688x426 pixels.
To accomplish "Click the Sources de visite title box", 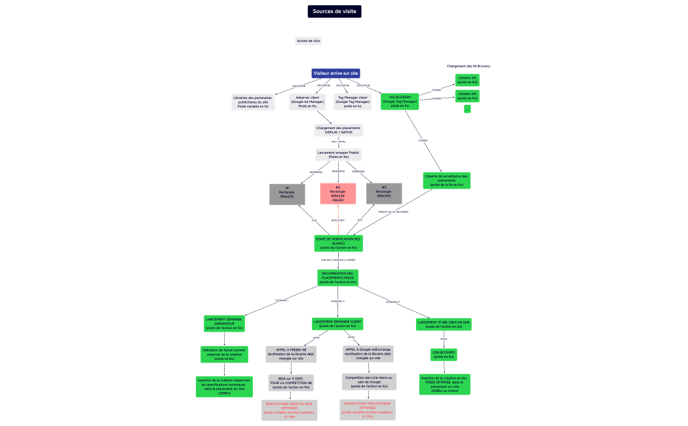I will tap(334, 11).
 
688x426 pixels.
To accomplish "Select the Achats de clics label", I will tap(309, 41).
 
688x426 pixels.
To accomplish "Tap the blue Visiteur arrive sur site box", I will tap(335, 73).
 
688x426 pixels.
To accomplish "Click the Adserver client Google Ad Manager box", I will tap(307, 102).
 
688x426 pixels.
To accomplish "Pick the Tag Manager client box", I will tap(353, 102).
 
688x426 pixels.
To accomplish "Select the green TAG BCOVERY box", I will tap(400, 101).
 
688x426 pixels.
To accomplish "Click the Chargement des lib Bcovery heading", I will tap(468, 66).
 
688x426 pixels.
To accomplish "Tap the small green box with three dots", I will tap(467, 109).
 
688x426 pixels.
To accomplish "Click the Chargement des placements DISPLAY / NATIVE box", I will tap(338, 130).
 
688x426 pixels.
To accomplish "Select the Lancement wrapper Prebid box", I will tap(338, 155).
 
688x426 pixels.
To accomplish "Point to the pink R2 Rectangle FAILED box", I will tap(338, 193).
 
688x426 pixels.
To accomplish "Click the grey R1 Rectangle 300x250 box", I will tap(287, 194).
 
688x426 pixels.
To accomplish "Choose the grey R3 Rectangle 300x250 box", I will tap(384, 193).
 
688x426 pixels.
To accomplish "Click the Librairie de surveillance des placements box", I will tap(447, 180).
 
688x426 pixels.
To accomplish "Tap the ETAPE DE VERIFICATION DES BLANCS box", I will tap(338, 243).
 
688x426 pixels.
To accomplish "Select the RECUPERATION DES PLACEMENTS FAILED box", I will tap(338, 277).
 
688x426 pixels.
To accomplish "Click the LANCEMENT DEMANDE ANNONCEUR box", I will tap(224, 323).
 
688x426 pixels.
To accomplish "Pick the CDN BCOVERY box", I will tap(444, 355).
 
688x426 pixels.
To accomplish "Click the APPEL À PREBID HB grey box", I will tap(291, 355).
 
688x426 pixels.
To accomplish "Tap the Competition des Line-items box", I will tap(369, 381).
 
